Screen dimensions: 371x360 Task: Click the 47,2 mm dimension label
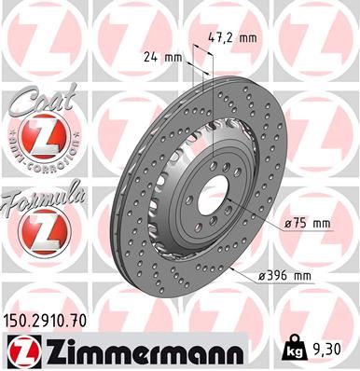coord(230,39)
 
